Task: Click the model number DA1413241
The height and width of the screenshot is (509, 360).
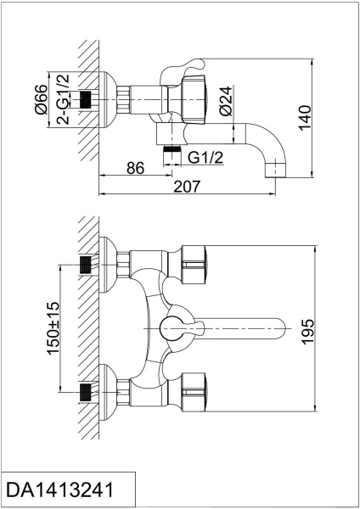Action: (x=59, y=489)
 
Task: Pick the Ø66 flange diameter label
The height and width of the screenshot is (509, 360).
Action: (x=42, y=100)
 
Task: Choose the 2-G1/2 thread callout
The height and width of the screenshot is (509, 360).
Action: (x=63, y=100)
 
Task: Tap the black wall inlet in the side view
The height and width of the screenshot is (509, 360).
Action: (x=84, y=100)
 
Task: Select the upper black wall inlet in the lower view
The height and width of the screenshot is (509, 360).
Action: (x=84, y=264)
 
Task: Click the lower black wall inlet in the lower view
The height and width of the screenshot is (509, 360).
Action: (x=84, y=393)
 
